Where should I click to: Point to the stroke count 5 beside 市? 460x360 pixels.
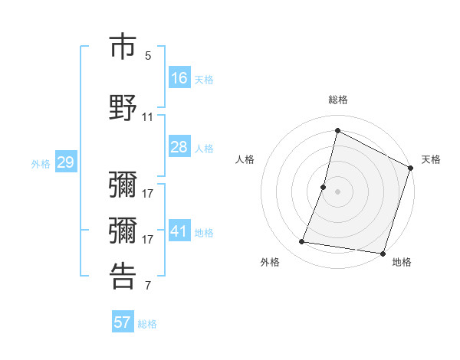click(x=148, y=56)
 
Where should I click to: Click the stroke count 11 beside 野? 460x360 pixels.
click(x=148, y=117)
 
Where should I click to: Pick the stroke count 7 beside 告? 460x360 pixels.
click(x=148, y=286)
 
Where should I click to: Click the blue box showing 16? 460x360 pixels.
click(x=179, y=78)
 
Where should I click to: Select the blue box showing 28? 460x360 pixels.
click(x=179, y=147)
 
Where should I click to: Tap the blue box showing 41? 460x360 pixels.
click(x=179, y=231)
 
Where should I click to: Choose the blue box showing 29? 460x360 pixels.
click(x=65, y=162)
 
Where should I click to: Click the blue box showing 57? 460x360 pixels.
click(x=123, y=322)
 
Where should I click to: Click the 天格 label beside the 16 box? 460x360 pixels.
click(x=204, y=80)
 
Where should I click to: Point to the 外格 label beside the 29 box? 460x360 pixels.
click(x=41, y=163)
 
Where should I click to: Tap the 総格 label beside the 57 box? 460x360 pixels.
click(x=147, y=324)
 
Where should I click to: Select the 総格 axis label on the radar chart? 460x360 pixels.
click(x=338, y=100)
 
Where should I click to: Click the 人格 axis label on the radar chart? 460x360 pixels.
click(x=245, y=159)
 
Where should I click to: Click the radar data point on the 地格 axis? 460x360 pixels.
click(x=383, y=254)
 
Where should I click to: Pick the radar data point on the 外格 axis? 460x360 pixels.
click(x=302, y=242)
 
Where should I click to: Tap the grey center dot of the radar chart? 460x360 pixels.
click(x=337, y=191)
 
